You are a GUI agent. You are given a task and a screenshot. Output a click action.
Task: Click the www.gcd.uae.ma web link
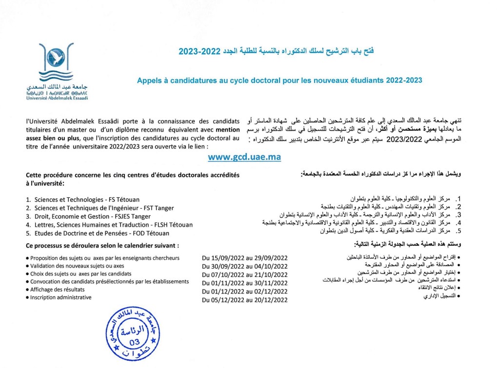[244, 157]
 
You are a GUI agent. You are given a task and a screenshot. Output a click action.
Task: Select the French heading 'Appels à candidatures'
[280, 79]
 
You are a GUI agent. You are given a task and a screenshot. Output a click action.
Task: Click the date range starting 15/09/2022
[244, 258]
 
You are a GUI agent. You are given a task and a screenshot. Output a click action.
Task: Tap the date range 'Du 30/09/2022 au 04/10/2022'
[244, 266]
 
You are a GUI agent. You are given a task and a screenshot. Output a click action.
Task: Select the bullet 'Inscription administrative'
[60, 297]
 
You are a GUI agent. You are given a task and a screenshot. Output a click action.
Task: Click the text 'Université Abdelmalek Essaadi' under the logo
[57, 97]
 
